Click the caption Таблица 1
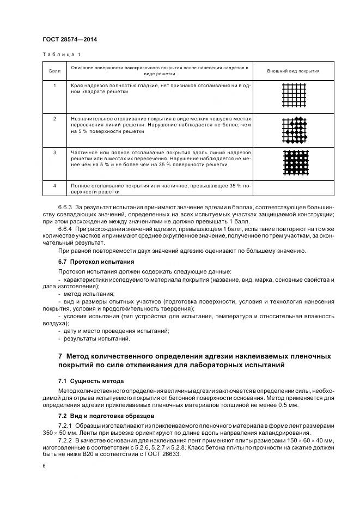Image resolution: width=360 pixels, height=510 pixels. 60,54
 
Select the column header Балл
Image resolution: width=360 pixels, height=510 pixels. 54,71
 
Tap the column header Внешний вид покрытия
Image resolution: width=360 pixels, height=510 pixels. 293,71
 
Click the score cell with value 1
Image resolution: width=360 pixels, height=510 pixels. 54,86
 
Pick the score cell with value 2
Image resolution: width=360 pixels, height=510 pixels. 54,118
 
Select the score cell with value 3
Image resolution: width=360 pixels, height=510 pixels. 54,153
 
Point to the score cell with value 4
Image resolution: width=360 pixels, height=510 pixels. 54,186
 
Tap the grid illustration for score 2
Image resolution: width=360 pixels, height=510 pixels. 294,130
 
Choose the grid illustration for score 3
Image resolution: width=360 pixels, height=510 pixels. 294,163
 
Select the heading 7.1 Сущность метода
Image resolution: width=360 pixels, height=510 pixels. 91,381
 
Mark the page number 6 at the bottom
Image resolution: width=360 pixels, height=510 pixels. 44,466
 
